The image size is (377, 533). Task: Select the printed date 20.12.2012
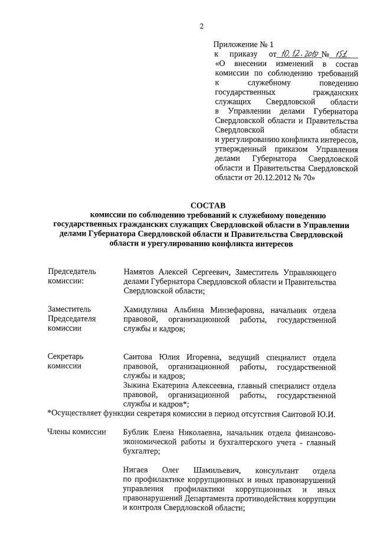pyautogui.click(x=277, y=177)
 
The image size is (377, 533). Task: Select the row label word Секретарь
pyautogui.click(x=65, y=357)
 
